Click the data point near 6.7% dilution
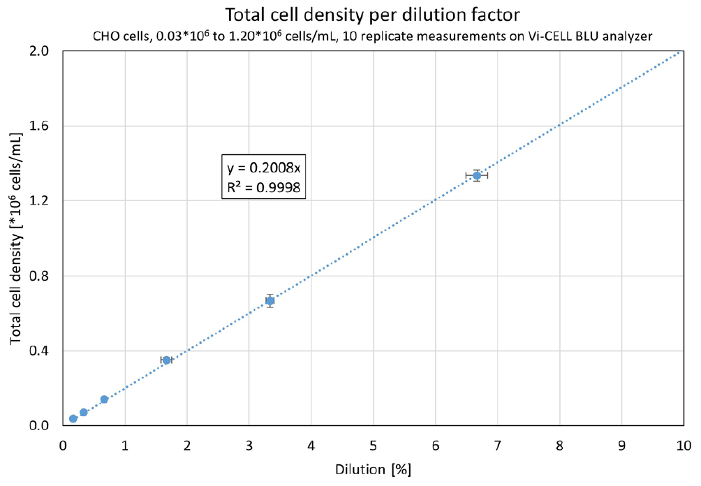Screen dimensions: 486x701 click(477, 175)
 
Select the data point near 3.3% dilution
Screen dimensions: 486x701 click(270, 301)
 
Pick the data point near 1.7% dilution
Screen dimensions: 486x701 click(166, 360)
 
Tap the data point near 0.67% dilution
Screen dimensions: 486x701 click(104, 399)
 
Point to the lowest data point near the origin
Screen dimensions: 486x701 click(73, 418)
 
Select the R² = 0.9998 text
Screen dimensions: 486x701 click(264, 186)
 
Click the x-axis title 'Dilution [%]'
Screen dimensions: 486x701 click(373, 469)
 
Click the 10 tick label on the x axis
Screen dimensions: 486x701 click(683, 444)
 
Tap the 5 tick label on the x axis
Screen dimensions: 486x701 click(373, 444)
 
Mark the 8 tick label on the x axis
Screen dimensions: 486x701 click(559, 444)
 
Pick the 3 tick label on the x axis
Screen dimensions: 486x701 click(249, 444)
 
